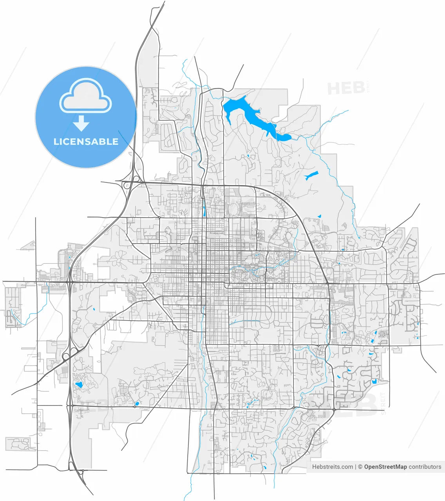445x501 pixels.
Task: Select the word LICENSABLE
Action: [86, 142]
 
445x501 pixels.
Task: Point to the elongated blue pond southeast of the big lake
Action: [312, 175]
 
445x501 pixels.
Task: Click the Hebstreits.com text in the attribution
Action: [333, 467]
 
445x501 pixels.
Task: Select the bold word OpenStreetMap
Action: [385, 467]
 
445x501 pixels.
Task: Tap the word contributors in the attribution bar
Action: [425, 467]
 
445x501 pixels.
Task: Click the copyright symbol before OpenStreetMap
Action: [360, 467]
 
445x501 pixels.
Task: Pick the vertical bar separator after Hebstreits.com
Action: [356, 467]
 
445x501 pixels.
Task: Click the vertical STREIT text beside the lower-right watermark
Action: [383, 403]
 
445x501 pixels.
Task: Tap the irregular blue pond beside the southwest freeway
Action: [79, 384]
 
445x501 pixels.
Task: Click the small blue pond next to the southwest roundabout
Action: [137, 404]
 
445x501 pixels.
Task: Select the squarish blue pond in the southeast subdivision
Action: [374, 380]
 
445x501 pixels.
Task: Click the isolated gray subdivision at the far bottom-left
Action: [18, 444]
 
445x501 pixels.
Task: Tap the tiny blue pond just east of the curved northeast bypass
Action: [319, 216]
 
